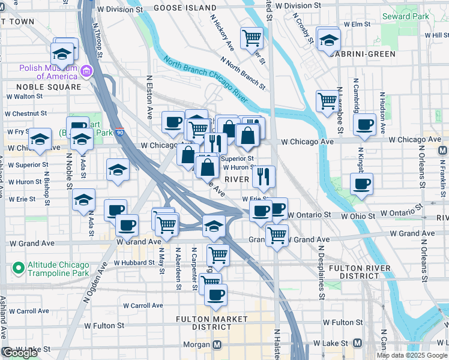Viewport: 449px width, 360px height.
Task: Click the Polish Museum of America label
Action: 49,72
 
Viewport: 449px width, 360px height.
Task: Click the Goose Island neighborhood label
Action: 184,8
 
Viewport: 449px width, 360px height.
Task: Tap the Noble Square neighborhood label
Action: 44,87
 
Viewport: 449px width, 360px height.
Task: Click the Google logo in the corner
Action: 20,353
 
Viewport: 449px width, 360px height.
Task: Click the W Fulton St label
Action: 104,325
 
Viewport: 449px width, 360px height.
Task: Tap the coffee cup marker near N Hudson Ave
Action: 364,124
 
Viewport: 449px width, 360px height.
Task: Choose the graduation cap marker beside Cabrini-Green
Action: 328,41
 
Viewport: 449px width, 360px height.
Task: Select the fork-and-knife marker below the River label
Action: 263,176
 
